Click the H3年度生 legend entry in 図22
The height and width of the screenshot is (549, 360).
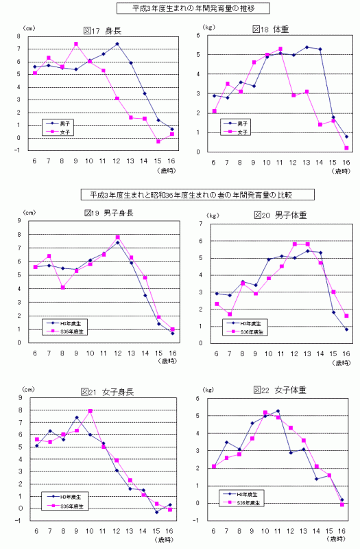[243, 493]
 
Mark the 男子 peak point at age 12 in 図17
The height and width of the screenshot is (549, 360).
[117, 44]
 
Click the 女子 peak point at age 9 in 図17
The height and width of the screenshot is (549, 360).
[75, 44]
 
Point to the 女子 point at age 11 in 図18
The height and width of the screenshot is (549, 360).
[280, 49]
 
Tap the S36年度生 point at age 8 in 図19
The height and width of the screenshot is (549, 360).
[62, 288]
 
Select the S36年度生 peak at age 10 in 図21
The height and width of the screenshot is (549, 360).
[90, 411]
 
